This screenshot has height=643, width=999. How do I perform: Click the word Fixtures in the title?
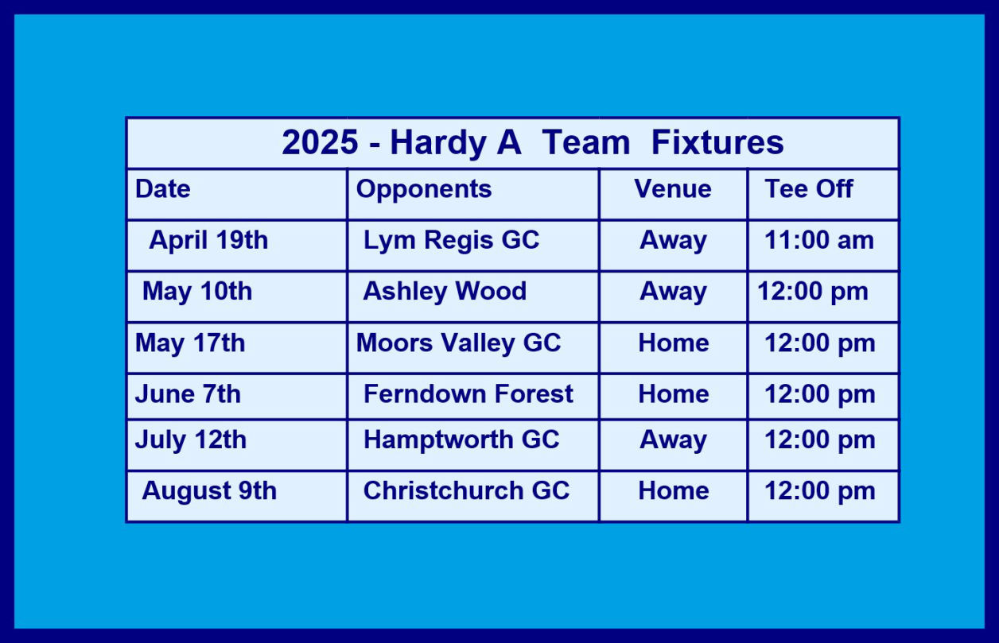[717, 142]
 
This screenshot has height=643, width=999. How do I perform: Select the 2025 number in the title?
[320, 142]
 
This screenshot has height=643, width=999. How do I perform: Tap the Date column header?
[163, 188]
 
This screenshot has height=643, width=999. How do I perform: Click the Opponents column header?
[424, 190]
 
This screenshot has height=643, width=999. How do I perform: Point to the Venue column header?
[673, 188]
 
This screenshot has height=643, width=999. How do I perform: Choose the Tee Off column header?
[809, 188]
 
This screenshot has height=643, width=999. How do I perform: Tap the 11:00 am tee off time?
[819, 240]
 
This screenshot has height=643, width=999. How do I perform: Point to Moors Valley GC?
[458, 344]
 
